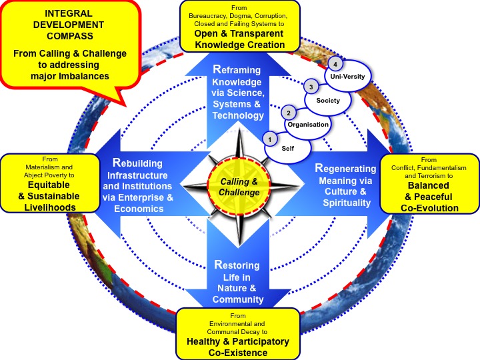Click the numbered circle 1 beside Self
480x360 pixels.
click(270, 139)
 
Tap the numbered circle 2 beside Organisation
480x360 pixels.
click(288, 113)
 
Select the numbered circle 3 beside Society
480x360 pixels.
click(309, 87)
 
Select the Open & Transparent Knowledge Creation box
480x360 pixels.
click(240, 26)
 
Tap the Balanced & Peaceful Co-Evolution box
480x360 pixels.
click(429, 184)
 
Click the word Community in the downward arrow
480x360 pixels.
click(239, 300)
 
